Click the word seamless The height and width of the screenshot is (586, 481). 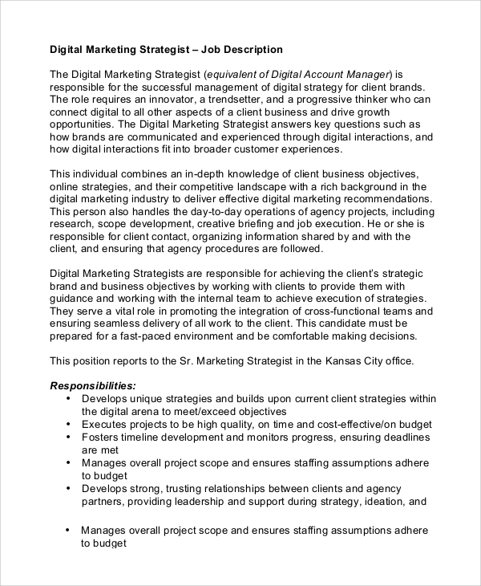coord(121,324)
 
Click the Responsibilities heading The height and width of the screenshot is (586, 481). coord(93,386)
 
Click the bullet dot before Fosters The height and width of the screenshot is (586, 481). coord(68,437)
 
